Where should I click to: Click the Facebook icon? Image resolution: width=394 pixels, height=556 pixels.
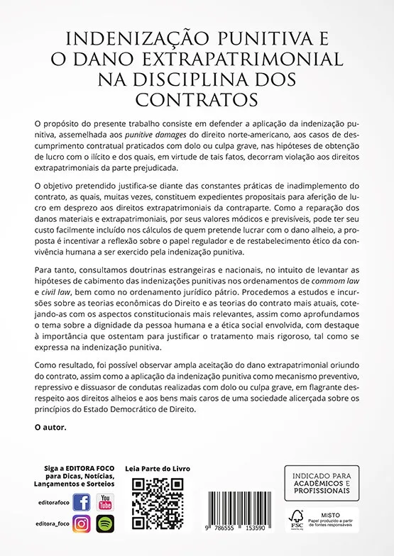coord(82,503)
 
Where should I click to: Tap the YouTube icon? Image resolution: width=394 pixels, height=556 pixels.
coord(104,503)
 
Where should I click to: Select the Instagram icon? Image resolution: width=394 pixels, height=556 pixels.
coord(82,524)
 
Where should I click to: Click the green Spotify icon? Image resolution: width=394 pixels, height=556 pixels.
coord(104,524)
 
